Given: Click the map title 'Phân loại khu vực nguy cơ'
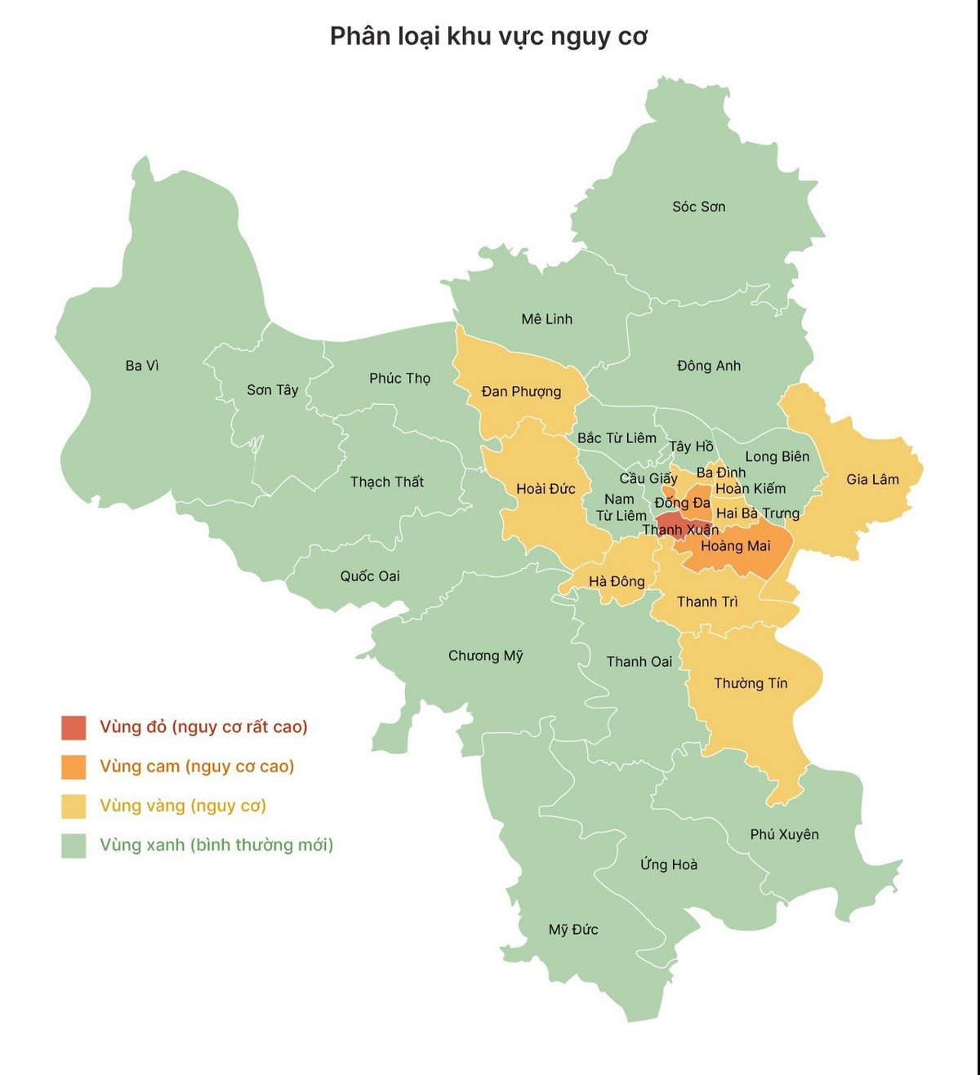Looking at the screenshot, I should (x=488, y=37).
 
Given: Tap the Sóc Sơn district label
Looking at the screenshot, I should (x=698, y=207).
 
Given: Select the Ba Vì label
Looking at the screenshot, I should (x=142, y=366).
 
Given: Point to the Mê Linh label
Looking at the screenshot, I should (x=546, y=319).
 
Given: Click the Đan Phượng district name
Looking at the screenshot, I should (x=521, y=392).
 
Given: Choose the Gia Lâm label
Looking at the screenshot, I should (x=872, y=479).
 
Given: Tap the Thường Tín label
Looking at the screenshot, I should (x=751, y=683).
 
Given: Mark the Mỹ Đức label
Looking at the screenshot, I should (x=572, y=929).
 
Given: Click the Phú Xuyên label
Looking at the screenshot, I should (x=784, y=834).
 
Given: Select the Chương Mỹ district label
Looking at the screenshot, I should (x=485, y=655).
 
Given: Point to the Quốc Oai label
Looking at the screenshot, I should (x=370, y=576).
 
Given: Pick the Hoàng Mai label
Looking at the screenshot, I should (x=735, y=546).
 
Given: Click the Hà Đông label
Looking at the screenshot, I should (x=617, y=581).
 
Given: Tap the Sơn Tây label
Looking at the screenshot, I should (x=273, y=390).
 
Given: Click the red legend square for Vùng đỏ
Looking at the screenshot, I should (x=73, y=727).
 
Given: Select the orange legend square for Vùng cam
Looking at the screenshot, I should (x=73, y=766).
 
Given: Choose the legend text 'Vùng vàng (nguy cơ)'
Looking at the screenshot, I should (x=183, y=806).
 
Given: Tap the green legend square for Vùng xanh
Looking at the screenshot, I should (x=73, y=845).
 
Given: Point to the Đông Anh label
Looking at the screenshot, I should (x=708, y=366).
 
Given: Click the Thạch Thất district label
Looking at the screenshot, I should (x=386, y=482).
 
